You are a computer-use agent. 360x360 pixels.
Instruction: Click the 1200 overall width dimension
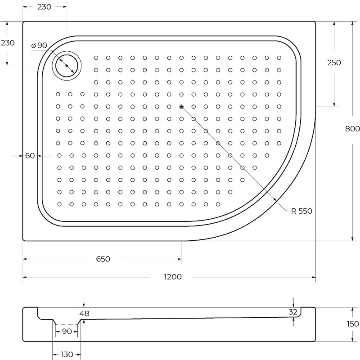tap(173, 277)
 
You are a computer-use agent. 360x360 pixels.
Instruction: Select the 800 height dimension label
tap(352, 129)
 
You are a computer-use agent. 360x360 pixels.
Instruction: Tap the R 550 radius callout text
tap(301, 211)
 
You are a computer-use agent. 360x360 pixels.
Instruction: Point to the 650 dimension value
tap(103, 259)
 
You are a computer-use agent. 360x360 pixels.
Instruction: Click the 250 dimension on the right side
tap(334, 63)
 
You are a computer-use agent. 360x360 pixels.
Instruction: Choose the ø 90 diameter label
tap(39, 45)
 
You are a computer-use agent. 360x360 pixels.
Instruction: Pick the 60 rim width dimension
tap(30, 156)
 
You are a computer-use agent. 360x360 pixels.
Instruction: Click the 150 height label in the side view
tap(352, 324)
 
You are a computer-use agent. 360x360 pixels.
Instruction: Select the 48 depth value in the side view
tap(84, 313)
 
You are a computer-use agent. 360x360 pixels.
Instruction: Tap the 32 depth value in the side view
tap(293, 312)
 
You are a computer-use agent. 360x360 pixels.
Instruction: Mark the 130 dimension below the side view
tap(67, 354)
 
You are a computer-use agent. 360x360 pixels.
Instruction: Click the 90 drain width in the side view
tap(67, 331)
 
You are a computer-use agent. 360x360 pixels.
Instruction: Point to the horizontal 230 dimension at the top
tap(44, 7)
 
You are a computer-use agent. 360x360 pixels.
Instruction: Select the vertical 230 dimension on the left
tap(8, 43)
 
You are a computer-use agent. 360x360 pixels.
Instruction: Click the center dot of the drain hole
tap(67, 66)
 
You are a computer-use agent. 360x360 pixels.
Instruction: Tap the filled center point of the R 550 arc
tap(181, 107)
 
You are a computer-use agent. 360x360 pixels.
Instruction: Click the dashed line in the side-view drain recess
tap(67, 324)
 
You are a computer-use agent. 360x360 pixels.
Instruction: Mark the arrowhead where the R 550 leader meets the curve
tap(275, 200)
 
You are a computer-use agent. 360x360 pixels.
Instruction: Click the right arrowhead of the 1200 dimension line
tap(314, 277)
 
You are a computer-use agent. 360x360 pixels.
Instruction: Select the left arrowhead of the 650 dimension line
tap(25, 259)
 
